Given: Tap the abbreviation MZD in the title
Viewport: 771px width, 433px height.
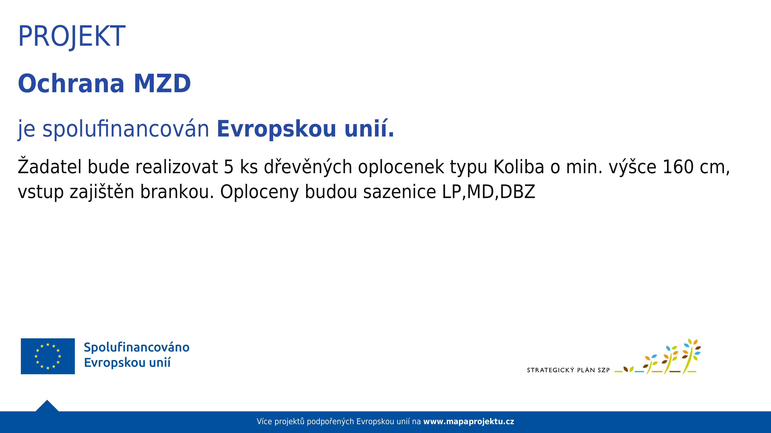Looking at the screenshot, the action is coord(162,83).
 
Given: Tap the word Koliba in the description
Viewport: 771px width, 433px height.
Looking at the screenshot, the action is coord(519,167).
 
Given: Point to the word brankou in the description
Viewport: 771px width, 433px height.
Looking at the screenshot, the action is coord(177,192).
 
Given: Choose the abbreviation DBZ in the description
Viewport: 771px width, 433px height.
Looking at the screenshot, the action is coord(517,192).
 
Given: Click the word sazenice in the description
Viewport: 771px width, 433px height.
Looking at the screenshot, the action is coord(400,192).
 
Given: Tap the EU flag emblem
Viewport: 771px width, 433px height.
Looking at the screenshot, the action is coord(48,356).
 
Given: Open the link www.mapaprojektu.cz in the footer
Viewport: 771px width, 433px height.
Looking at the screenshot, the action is coord(469,422).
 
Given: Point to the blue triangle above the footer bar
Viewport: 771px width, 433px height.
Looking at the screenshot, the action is coord(47,406).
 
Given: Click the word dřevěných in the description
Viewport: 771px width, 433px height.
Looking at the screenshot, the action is coord(308,167).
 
